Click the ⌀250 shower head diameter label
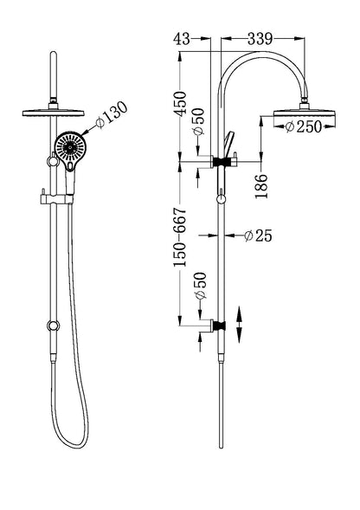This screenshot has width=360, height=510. pyautogui.click(x=302, y=127)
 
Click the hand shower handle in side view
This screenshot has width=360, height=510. pyautogui.click(x=228, y=142)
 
